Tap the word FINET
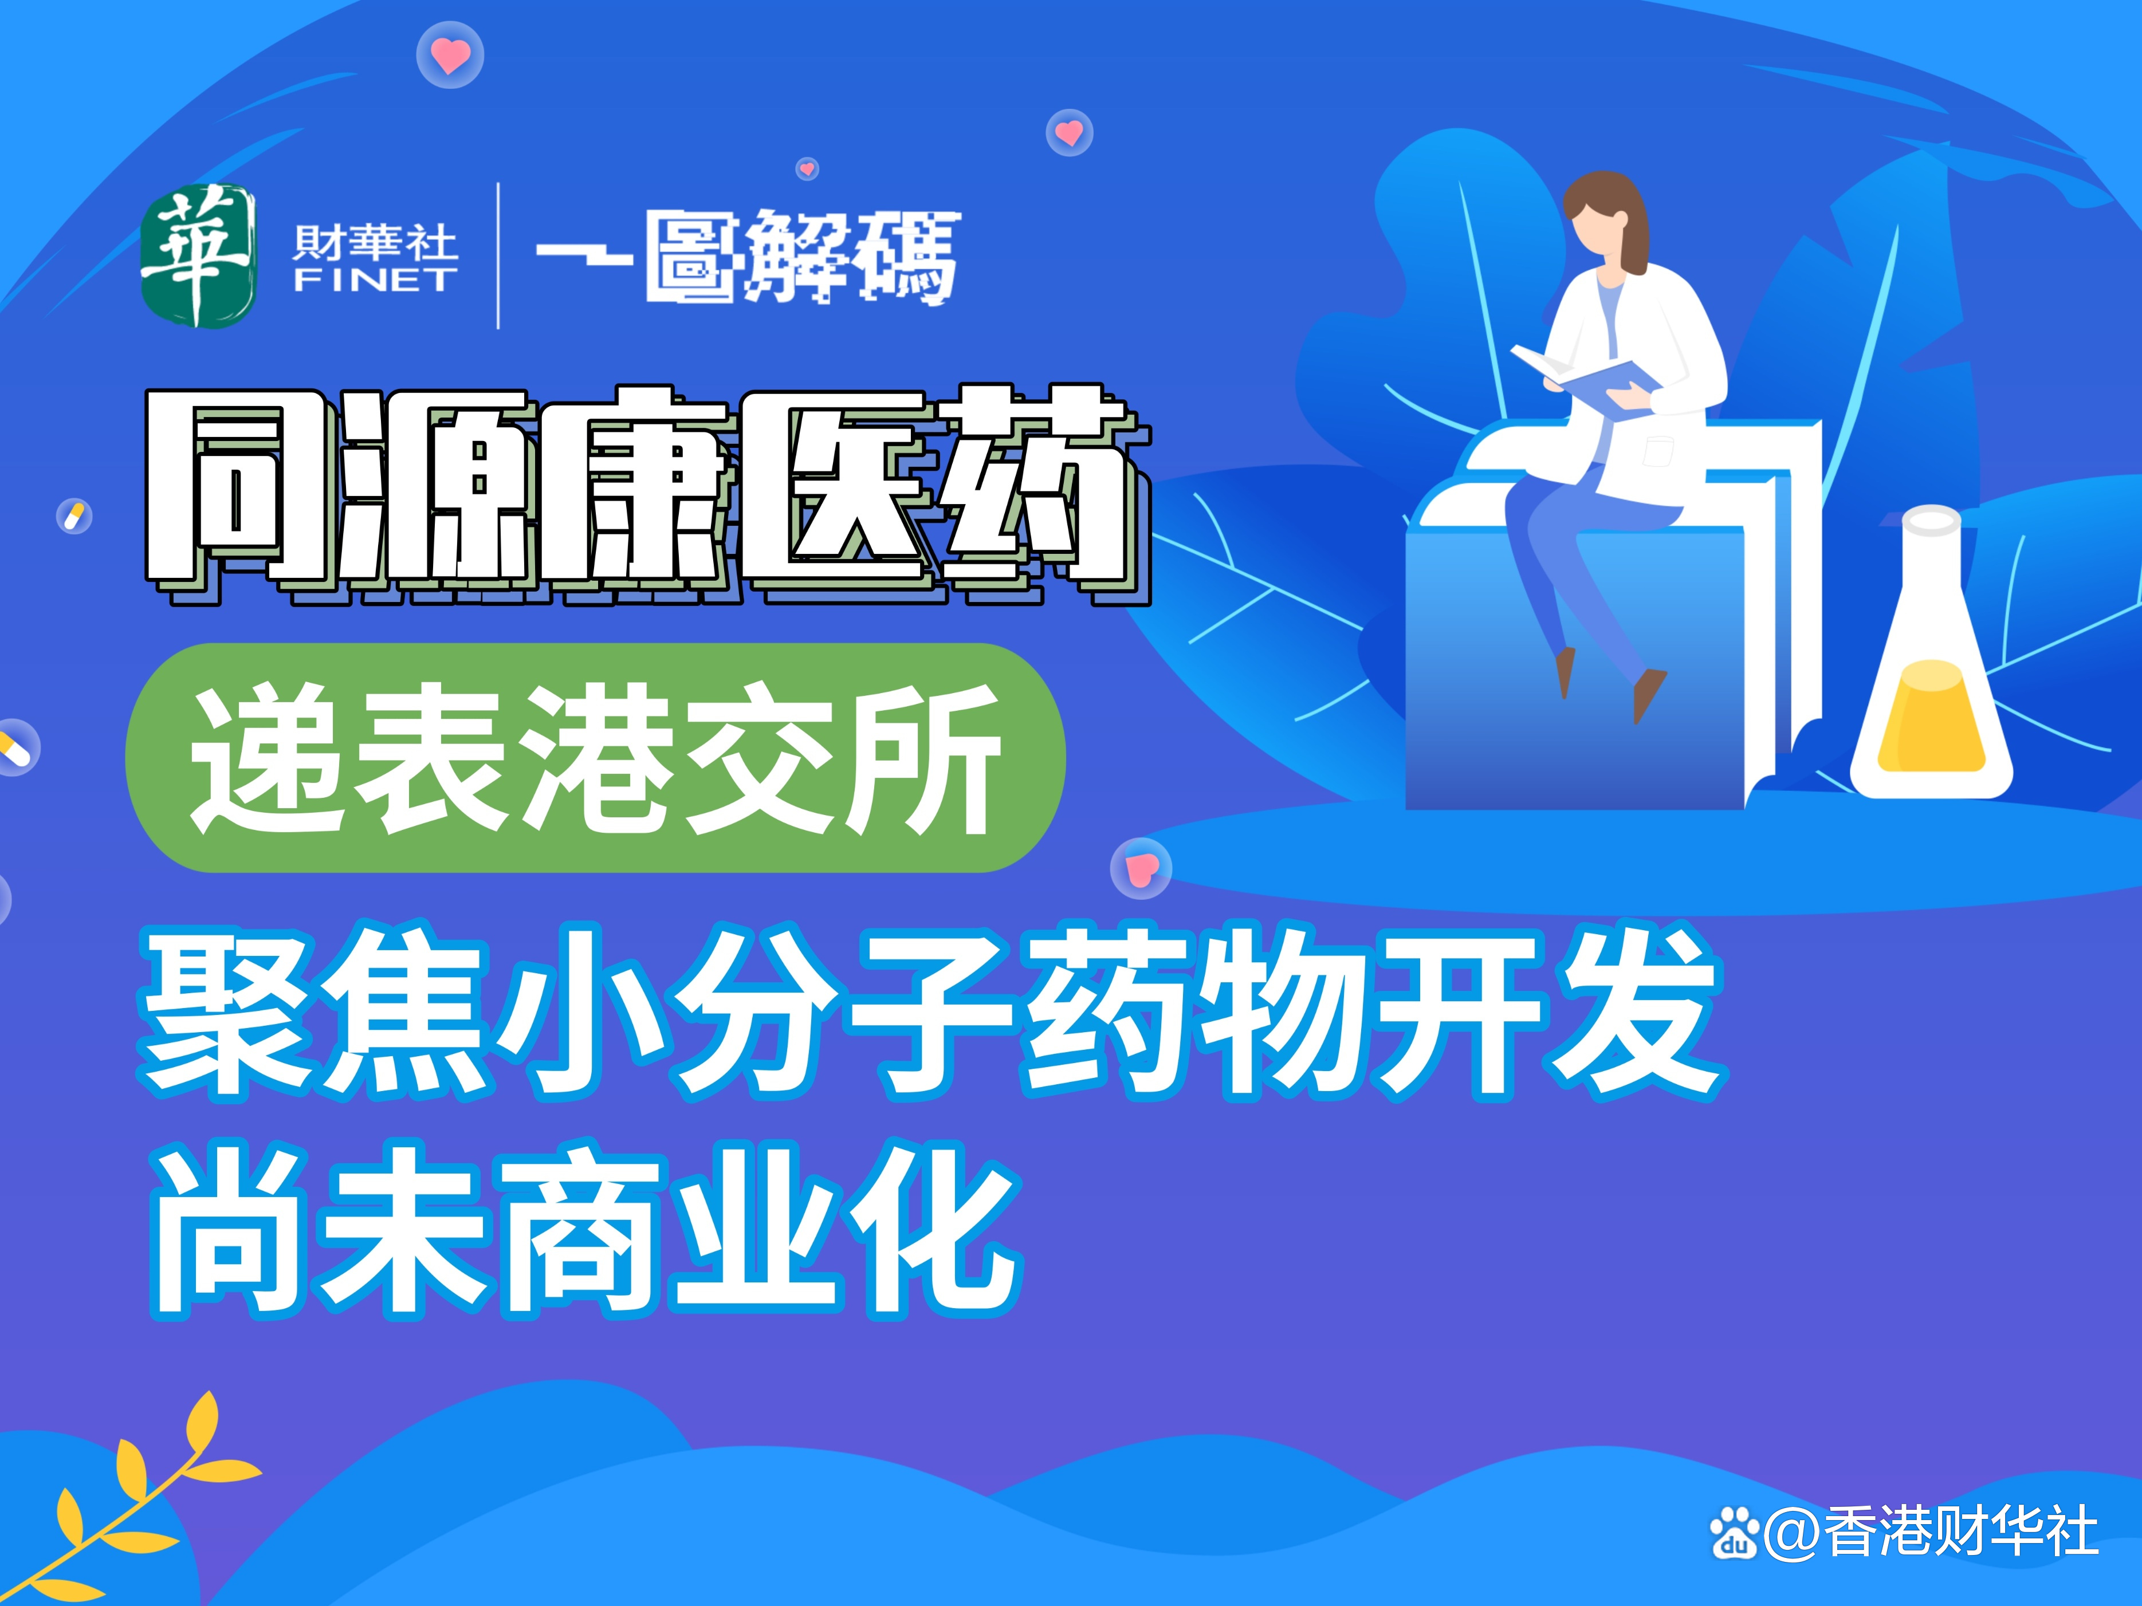(375, 281)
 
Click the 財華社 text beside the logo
(375, 242)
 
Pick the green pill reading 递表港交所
(596, 758)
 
